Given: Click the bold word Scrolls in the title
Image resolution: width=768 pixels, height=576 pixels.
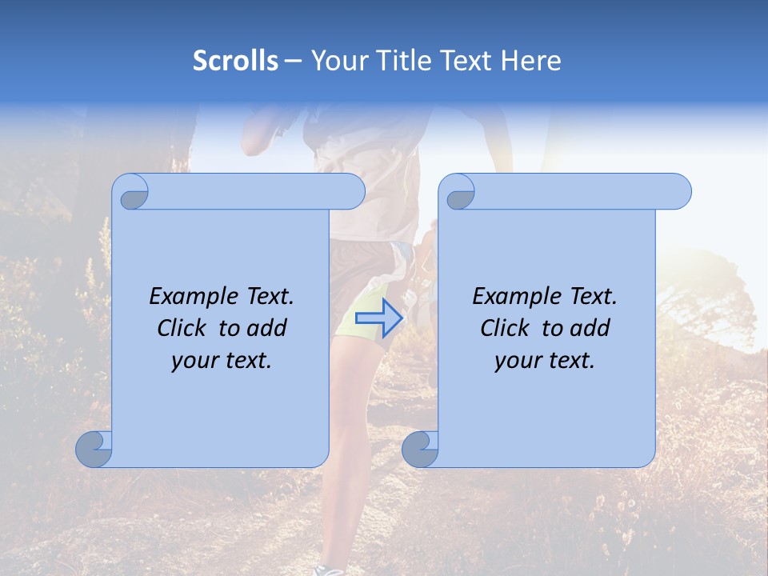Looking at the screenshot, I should pyautogui.click(x=235, y=61).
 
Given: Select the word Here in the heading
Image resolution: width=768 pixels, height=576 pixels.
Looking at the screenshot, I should pyautogui.click(x=531, y=61).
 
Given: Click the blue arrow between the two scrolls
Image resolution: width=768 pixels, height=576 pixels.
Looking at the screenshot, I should pyautogui.click(x=379, y=318).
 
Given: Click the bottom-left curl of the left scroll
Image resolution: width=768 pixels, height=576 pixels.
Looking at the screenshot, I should pyautogui.click(x=94, y=450).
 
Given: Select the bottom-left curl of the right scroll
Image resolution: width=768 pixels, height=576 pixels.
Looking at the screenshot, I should pyautogui.click(x=420, y=450).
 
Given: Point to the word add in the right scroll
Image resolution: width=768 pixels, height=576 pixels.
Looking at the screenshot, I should pyautogui.click(x=590, y=328).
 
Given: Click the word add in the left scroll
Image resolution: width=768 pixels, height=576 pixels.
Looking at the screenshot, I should pyautogui.click(x=266, y=328).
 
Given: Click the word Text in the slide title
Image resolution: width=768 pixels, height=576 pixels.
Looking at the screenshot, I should pyautogui.click(x=467, y=61).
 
